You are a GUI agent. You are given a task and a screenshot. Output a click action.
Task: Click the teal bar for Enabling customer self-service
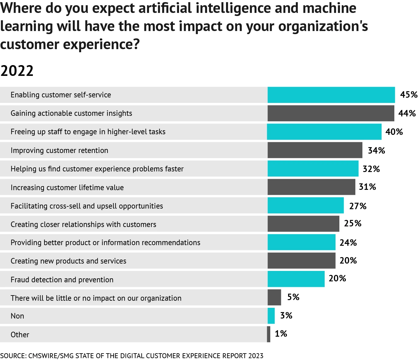[x=331, y=95]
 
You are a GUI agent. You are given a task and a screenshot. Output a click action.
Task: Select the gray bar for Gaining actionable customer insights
[x=331, y=113]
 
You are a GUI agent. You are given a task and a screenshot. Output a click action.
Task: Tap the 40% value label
[x=394, y=132]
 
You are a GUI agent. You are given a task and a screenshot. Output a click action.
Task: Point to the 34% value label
[x=376, y=151]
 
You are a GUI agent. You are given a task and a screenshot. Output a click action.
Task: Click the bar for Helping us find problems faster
[x=313, y=169]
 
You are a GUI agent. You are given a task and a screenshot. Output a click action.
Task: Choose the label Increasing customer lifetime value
[x=67, y=187]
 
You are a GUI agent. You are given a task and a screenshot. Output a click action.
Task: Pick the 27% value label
[x=357, y=206]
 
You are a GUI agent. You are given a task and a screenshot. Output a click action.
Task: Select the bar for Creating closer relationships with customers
[x=303, y=224]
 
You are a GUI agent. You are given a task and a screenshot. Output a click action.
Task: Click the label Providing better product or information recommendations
[x=105, y=243]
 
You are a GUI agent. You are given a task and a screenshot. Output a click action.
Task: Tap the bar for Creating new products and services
[x=301, y=261]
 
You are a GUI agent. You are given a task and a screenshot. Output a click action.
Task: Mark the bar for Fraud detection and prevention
[x=296, y=279]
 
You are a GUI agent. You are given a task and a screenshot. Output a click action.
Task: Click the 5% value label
[x=293, y=297]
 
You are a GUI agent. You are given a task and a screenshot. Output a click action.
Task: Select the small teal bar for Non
[x=271, y=316]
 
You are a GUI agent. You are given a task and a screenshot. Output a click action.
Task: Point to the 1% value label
[x=281, y=334]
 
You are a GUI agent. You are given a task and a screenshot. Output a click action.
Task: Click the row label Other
[x=20, y=335]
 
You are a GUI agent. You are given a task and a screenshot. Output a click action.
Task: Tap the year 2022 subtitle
[x=17, y=71]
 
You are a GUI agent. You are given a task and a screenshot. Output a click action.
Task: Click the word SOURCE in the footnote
[x=13, y=356]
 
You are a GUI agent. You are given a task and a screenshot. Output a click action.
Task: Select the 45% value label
[x=408, y=95]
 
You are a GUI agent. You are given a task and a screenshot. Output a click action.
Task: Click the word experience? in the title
[x=101, y=44]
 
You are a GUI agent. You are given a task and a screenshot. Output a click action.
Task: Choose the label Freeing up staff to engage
[x=88, y=132]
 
